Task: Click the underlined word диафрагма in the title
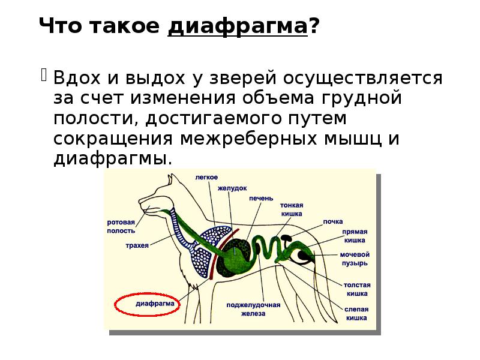(238, 27)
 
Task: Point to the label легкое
(206, 177)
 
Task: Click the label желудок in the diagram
(232, 188)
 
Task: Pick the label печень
(263, 199)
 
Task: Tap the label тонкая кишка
(291, 209)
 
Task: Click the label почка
(333, 221)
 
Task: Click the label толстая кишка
(356, 289)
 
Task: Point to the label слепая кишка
(356, 313)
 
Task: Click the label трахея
(137, 245)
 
